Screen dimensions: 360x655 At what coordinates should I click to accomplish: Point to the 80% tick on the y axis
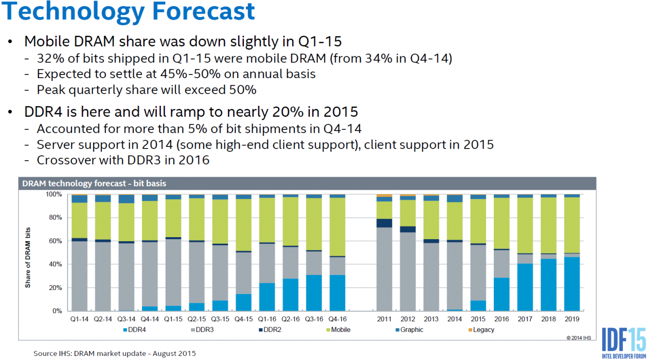(x=54, y=218)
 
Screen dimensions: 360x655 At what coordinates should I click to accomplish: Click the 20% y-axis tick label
(x=54, y=287)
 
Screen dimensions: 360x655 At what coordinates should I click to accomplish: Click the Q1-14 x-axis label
(x=79, y=319)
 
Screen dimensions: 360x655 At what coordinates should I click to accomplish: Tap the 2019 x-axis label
(x=572, y=319)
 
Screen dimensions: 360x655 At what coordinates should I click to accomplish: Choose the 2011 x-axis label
(x=384, y=319)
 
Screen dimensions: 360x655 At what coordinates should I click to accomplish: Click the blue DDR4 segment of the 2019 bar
(x=572, y=284)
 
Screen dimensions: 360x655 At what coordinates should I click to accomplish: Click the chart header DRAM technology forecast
(x=94, y=184)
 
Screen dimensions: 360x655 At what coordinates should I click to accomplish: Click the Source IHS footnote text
(x=115, y=353)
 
